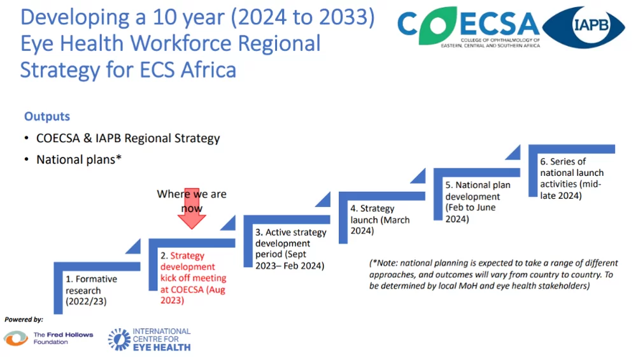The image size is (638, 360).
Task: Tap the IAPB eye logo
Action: pyautogui.click(x=583, y=27)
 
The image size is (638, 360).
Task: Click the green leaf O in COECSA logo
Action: pyautogui.click(x=438, y=25)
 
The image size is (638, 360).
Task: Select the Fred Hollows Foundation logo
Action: pyautogui.click(x=48, y=338)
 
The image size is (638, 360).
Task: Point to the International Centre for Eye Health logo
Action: pyautogui.click(x=150, y=339)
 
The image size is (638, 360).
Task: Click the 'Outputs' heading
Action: pyautogui.click(x=47, y=117)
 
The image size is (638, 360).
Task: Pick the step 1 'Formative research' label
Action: pyautogui.click(x=91, y=290)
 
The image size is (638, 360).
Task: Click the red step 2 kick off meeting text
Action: pyautogui.click(x=194, y=278)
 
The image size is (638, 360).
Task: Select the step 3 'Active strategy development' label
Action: pyautogui.click(x=290, y=249)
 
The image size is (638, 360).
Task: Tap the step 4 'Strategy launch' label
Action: pyautogui.click(x=380, y=219)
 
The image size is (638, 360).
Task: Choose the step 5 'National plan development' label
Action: pyautogui.click(x=478, y=202)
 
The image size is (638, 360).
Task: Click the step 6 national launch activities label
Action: pyautogui.click(x=572, y=178)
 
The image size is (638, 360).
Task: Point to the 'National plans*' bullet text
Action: pyautogui.click(x=79, y=160)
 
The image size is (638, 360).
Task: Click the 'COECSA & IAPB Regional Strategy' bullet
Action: pyautogui.click(x=128, y=138)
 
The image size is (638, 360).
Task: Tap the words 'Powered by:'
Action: pyautogui.click(x=24, y=319)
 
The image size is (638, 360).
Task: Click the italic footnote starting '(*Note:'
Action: pyautogui.click(x=493, y=275)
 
